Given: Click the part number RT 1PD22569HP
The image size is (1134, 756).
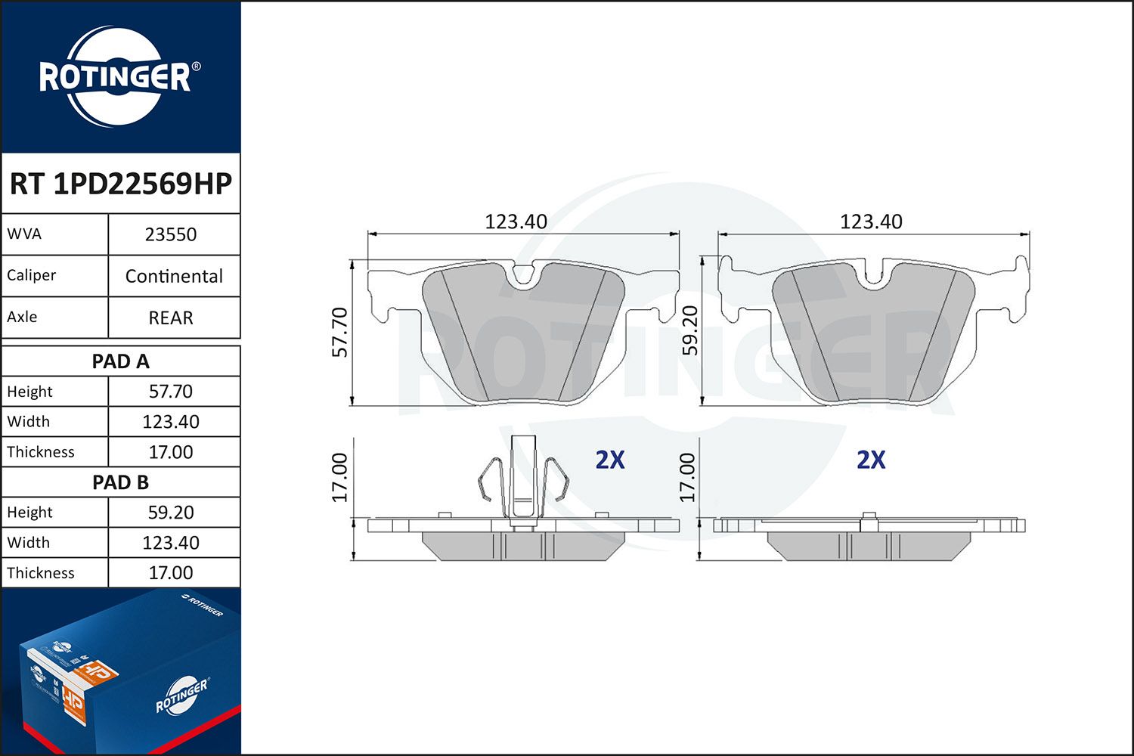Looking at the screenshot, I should [x=121, y=184].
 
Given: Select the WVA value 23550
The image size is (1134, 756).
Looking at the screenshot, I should [x=171, y=234].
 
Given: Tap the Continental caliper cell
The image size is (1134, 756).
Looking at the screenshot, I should [x=174, y=276].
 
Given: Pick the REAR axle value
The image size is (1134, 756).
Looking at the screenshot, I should [x=171, y=318].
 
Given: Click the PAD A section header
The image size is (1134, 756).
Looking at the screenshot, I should [x=121, y=361].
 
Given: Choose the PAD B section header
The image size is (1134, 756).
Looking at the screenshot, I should [x=121, y=482].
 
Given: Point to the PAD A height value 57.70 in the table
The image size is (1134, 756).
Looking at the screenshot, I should [x=171, y=392].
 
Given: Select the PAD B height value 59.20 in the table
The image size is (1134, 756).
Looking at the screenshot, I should [x=171, y=513].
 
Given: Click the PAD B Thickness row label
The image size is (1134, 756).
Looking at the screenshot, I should [x=41, y=573].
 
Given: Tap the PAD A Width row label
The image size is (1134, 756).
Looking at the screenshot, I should [x=29, y=422].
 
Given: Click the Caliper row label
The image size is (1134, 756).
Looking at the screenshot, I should [x=32, y=275].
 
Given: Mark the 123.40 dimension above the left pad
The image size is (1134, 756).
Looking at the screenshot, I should [x=516, y=222].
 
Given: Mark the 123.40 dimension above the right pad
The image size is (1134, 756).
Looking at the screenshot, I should [x=871, y=222].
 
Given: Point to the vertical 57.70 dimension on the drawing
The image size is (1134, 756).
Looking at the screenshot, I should [x=340, y=332].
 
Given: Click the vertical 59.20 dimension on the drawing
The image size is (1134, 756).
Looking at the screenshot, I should [x=689, y=330].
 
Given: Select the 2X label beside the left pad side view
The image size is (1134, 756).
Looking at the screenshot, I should [x=610, y=460].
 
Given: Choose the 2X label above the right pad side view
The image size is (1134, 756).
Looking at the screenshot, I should [x=871, y=460].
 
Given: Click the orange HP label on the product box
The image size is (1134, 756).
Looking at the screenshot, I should [x=96, y=671].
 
